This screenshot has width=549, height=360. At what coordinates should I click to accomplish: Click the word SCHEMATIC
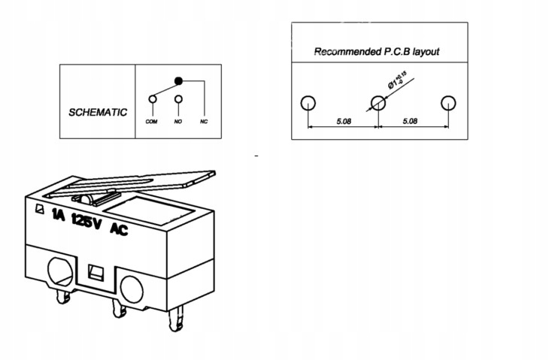(98, 112)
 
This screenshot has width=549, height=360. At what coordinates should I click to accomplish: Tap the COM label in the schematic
(151, 122)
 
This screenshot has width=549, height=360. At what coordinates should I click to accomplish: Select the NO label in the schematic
(178, 122)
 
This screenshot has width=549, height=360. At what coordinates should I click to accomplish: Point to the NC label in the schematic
(203, 122)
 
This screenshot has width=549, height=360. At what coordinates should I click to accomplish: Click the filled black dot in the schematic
(178, 80)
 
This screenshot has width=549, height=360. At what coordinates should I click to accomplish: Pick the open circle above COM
(153, 98)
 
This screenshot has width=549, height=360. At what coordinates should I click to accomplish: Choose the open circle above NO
(178, 98)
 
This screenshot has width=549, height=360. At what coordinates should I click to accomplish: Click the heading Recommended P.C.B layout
(376, 52)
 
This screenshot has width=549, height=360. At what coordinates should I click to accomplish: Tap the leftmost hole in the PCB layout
(308, 103)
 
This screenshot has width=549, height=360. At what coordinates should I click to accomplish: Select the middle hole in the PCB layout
(378, 103)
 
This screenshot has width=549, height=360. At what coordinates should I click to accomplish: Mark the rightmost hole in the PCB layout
(448, 103)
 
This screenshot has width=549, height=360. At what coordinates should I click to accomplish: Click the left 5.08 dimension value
(342, 120)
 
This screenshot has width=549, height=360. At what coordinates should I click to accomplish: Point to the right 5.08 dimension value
(411, 120)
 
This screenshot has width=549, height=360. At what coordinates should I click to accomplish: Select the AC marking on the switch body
(119, 229)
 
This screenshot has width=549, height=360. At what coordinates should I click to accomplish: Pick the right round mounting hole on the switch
(132, 286)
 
